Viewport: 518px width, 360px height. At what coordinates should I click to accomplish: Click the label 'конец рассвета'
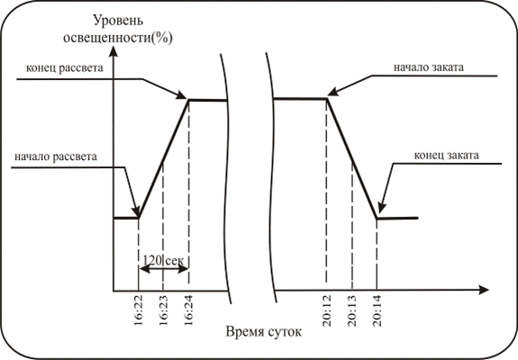click(65, 68)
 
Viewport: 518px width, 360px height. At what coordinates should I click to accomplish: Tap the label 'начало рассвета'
click(56, 157)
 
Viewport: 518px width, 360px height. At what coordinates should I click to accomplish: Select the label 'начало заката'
click(429, 67)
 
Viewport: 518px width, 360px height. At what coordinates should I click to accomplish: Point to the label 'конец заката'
click(446, 155)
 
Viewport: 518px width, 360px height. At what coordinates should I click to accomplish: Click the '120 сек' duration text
click(164, 260)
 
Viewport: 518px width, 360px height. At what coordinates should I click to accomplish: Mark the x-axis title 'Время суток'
click(264, 331)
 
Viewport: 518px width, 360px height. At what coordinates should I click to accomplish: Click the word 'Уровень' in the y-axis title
click(118, 20)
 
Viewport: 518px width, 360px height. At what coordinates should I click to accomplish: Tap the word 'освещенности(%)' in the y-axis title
click(118, 38)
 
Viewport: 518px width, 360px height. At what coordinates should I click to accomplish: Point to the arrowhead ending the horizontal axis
click(484, 290)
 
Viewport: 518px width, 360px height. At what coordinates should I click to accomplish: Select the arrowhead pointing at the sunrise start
click(136, 212)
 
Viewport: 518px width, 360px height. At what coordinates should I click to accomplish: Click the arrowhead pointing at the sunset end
click(381, 208)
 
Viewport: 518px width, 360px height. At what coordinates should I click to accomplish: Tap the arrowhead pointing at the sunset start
click(334, 92)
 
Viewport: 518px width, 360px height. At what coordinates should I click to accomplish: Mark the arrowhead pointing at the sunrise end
click(181, 95)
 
